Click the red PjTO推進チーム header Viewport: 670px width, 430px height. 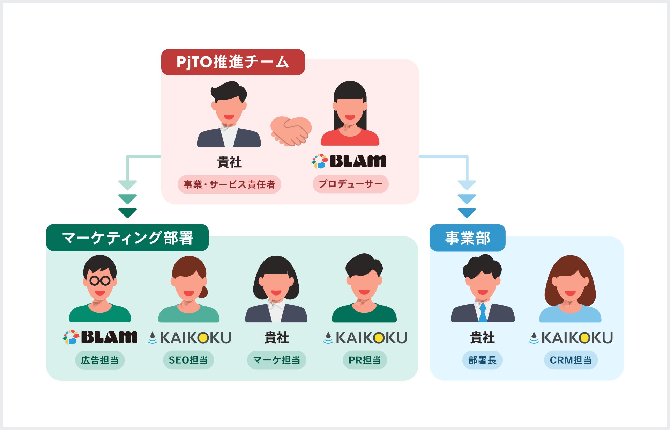point(233,62)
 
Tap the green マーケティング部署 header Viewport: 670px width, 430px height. point(127,238)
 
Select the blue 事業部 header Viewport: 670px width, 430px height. point(467,238)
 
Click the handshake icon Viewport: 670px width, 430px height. point(291,131)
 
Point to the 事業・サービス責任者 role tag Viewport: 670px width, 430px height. point(229,184)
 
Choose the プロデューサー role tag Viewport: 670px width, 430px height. point(350,184)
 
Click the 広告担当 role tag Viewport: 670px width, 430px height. point(100,360)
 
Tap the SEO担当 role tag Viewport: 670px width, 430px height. point(188,360)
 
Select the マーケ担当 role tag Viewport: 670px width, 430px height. point(276,360)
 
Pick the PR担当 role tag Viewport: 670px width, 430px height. point(365,360)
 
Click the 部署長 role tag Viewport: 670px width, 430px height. point(482,360)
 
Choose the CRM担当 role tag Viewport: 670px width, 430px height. point(571,360)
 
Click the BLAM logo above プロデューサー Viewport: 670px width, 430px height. point(349,161)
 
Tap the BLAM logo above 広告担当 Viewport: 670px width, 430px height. point(100,337)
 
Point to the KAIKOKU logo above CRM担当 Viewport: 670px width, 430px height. point(571,338)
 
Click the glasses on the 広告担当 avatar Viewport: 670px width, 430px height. point(100,280)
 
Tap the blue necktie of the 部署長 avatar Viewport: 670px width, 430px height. point(483,312)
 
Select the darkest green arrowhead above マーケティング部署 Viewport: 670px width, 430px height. point(127,213)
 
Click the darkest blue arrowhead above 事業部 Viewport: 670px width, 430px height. point(467,213)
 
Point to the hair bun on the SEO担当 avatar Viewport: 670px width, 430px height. point(203,292)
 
